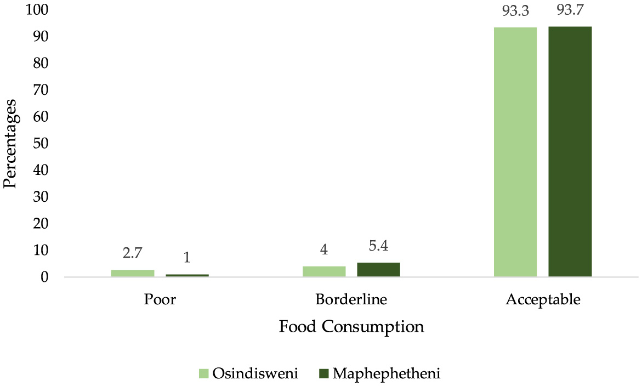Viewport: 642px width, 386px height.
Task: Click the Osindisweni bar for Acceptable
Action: click(515, 152)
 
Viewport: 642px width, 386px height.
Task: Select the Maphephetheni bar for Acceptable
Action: click(570, 151)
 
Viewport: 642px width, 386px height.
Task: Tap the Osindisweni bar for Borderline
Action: click(324, 271)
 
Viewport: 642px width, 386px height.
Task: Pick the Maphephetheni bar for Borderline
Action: click(379, 270)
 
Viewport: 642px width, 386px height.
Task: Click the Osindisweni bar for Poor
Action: click(133, 273)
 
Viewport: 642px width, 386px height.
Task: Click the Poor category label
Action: click(160, 300)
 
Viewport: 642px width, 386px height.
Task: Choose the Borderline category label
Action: click(351, 300)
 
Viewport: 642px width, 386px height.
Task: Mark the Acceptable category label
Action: click(543, 300)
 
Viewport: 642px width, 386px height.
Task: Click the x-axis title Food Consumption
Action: click(351, 327)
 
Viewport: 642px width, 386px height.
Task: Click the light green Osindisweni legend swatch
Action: click(203, 373)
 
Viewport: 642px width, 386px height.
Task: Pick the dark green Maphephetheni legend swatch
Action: click(323, 373)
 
